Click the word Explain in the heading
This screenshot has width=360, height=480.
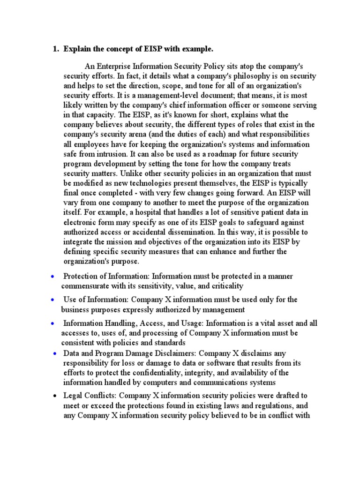tap(77, 49)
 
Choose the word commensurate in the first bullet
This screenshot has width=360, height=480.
tap(86, 286)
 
